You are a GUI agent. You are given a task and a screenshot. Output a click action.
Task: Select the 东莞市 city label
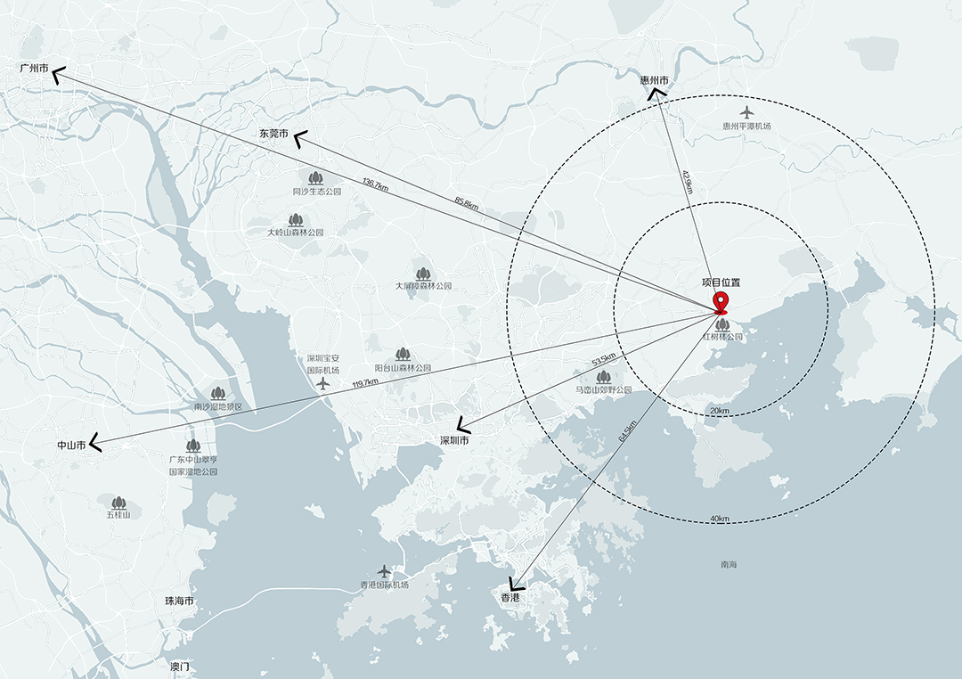click(273, 134)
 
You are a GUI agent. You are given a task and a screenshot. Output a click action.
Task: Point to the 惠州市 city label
click(654, 79)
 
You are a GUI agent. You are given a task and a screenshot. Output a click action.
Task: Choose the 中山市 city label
click(71, 444)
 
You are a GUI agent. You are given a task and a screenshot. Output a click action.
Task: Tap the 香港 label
click(510, 598)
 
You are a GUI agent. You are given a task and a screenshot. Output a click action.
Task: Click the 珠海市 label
click(180, 601)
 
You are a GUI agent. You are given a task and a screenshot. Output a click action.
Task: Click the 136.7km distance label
click(375, 184)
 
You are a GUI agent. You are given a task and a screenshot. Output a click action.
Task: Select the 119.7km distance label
click(365, 383)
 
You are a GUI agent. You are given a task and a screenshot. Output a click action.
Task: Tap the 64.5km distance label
click(627, 429)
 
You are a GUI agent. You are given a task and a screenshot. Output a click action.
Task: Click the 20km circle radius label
click(719, 410)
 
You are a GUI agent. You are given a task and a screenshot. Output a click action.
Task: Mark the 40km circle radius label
click(720, 519)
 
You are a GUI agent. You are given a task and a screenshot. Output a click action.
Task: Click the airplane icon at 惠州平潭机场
click(746, 112)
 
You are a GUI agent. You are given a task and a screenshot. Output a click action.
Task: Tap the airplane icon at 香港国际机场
click(384, 570)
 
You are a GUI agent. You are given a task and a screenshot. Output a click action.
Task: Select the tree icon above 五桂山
click(118, 503)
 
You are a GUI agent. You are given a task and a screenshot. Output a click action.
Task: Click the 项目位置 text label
click(721, 282)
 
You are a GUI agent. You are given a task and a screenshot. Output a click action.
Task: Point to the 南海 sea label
click(729, 565)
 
